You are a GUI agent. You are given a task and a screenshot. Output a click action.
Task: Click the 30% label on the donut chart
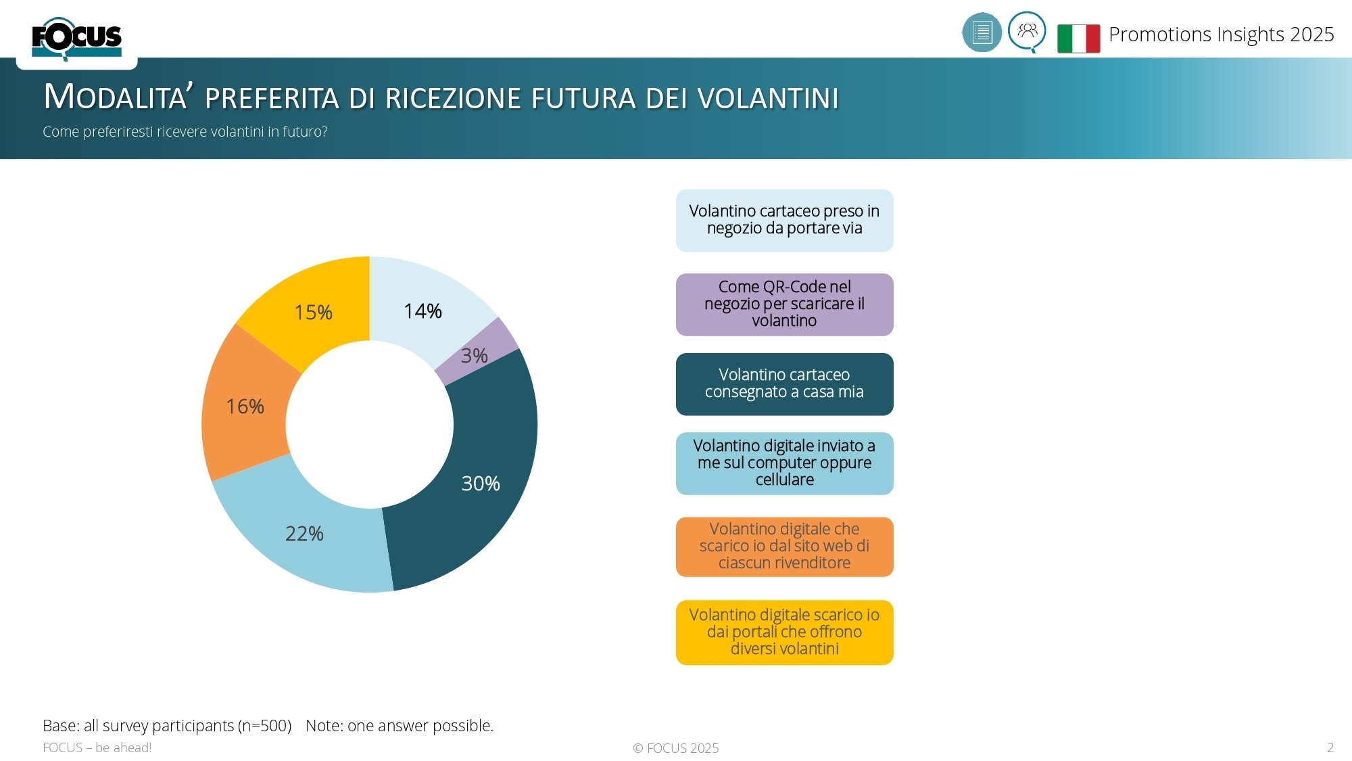pos(480,483)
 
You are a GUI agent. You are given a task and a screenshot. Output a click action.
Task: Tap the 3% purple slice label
pos(475,355)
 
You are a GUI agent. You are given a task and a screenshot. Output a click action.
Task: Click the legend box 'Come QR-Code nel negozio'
pos(784,304)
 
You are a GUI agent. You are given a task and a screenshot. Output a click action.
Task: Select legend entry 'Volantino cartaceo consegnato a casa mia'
pos(784,384)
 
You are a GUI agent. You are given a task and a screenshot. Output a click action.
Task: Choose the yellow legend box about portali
pos(784,632)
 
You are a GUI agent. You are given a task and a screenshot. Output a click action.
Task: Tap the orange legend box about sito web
pos(784,546)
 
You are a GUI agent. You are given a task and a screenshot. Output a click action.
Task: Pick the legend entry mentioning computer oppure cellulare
pos(784,463)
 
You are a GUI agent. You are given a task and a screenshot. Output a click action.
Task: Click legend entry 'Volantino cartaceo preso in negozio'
pos(784,220)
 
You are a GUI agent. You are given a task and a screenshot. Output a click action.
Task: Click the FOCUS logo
pos(76,39)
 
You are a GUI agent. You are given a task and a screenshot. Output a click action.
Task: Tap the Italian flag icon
pos(1078,38)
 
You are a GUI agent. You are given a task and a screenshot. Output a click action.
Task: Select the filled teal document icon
pos(982,32)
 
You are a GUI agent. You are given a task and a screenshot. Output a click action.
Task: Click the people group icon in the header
pos(1027,30)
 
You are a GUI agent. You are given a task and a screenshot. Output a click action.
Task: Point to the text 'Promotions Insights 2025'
pos(1221,34)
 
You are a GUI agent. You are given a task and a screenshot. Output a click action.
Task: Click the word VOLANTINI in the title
pos(768,99)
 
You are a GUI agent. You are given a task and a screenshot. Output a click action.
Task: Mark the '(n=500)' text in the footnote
pos(266,726)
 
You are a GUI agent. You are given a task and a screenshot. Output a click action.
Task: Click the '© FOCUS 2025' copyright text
pos(675,748)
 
